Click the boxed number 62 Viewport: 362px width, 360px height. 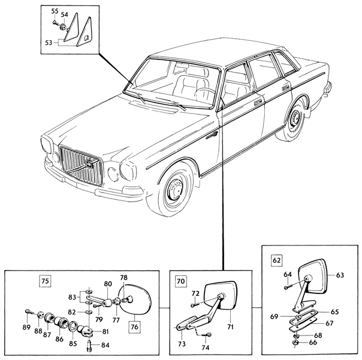[x=276, y=260]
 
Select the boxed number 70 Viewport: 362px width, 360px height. [x=181, y=281]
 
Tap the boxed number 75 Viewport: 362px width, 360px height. [x=46, y=281]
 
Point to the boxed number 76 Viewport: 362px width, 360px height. [x=134, y=327]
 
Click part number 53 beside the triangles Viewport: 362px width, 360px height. [x=49, y=43]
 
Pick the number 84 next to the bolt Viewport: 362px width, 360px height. [x=105, y=345]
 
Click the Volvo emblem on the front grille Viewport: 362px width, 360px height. [x=89, y=164]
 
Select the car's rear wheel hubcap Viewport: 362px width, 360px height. [x=295, y=118]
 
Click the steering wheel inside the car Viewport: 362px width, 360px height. [x=204, y=95]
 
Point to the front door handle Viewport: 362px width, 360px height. [x=258, y=102]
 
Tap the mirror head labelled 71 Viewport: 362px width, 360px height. [x=221, y=295]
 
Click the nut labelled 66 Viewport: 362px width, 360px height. [x=296, y=343]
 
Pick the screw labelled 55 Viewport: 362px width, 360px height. [x=56, y=23]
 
